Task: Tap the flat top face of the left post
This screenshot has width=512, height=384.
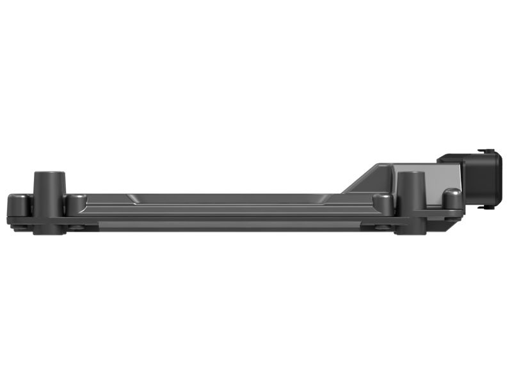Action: [49, 173]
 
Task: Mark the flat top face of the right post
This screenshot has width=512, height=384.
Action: [410, 173]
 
